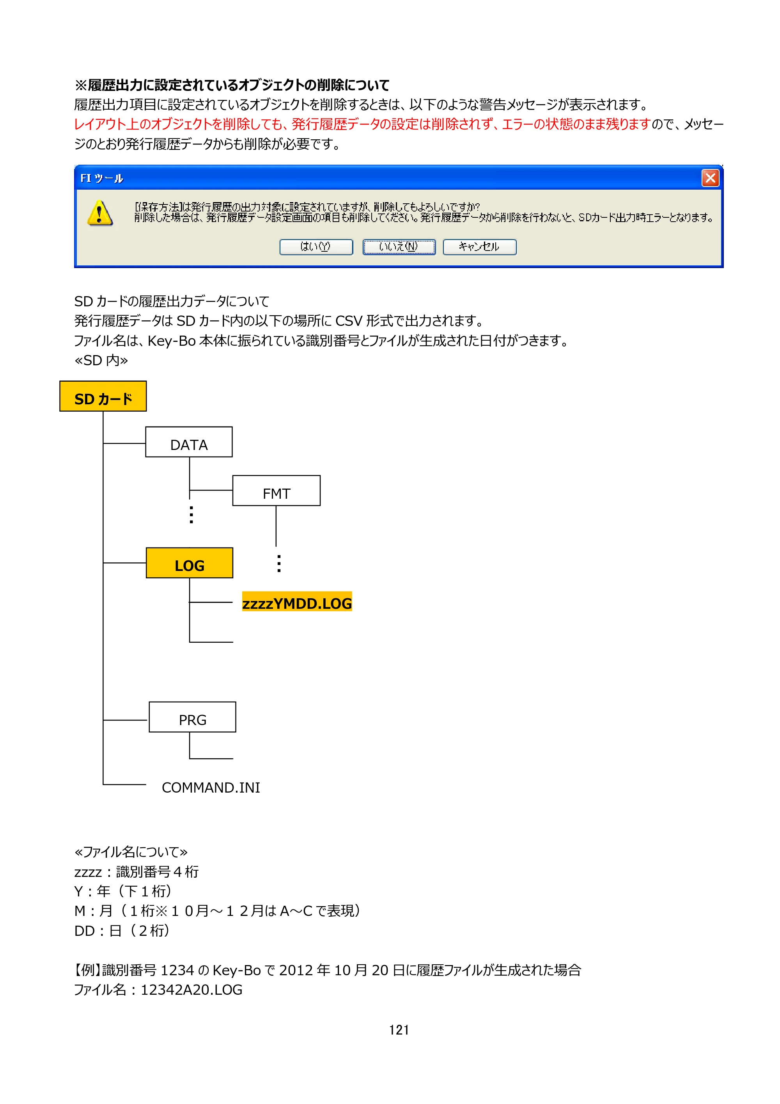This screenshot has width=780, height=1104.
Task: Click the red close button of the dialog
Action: (x=710, y=178)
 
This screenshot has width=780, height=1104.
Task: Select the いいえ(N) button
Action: (x=399, y=247)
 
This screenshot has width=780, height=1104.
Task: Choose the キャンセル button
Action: (x=479, y=247)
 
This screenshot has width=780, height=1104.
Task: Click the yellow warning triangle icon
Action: (x=100, y=213)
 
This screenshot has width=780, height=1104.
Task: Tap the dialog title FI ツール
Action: (x=102, y=178)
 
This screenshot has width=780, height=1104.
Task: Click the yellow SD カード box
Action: (x=103, y=396)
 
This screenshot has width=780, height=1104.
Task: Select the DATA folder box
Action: (x=189, y=442)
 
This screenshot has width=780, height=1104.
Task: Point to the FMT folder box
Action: (x=277, y=491)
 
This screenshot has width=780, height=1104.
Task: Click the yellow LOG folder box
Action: (x=190, y=563)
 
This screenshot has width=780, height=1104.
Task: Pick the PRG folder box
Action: (x=192, y=717)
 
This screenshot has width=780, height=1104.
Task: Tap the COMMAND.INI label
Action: (x=211, y=788)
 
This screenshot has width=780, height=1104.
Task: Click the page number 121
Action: (x=399, y=1029)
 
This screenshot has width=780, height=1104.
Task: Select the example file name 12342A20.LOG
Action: (x=191, y=990)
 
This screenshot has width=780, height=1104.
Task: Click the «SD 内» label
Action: (x=101, y=360)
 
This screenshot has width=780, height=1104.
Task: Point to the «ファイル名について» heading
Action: (x=131, y=852)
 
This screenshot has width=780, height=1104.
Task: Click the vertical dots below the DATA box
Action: (x=191, y=514)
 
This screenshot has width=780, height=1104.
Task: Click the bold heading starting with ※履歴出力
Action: (x=232, y=85)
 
